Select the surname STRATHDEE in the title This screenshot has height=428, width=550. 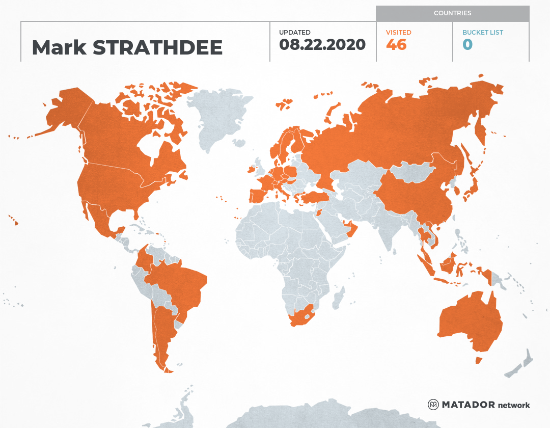pos(158,47)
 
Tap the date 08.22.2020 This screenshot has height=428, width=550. pos(322,45)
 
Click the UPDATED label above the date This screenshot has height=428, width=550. pos(294,33)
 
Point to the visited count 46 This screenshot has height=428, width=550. pos(396,45)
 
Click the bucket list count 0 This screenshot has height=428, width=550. pos(468,45)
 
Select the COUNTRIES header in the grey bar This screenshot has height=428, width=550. pos(452,13)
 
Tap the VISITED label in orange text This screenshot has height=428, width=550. pos(398,33)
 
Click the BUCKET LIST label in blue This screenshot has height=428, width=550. pos(482,33)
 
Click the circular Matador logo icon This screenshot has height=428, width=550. pos(433,405)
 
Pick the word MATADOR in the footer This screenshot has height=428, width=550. pos(468,405)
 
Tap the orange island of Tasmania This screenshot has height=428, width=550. pos(478,360)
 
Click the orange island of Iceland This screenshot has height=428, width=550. pos(284,104)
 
